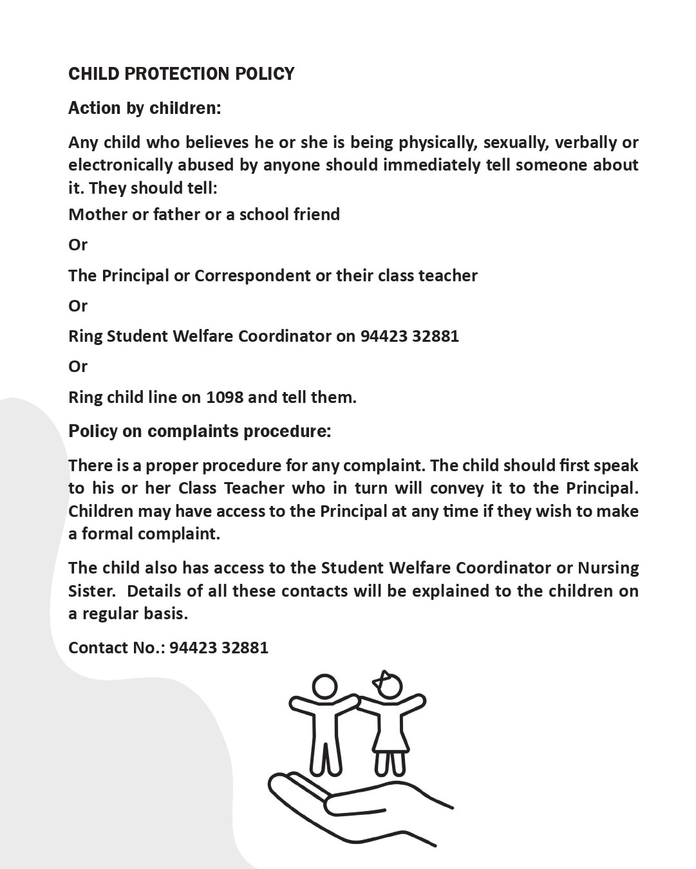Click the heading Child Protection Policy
coord(181,74)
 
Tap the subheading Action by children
coord(144,108)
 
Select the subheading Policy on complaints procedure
coord(200,431)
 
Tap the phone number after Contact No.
coord(219,648)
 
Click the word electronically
coord(120,165)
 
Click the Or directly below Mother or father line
coord(78,245)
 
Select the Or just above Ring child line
coord(78,367)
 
